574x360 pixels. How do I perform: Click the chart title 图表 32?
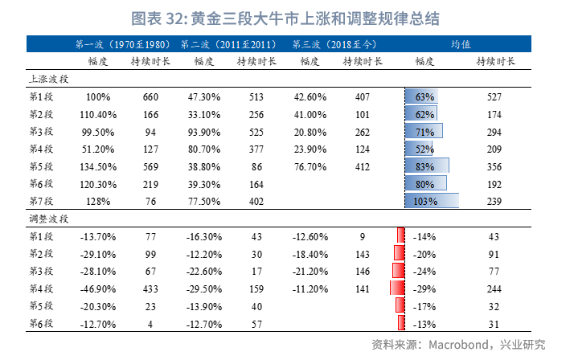[286, 17]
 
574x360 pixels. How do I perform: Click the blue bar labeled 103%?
[432, 201]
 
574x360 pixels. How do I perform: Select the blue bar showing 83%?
[427, 166]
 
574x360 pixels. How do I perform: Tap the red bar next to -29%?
[397, 288]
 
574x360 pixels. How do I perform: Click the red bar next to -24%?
[399, 271]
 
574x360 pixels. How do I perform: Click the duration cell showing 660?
[151, 96]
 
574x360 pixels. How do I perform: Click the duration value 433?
[151, 288]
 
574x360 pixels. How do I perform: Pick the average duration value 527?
[494, 96]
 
